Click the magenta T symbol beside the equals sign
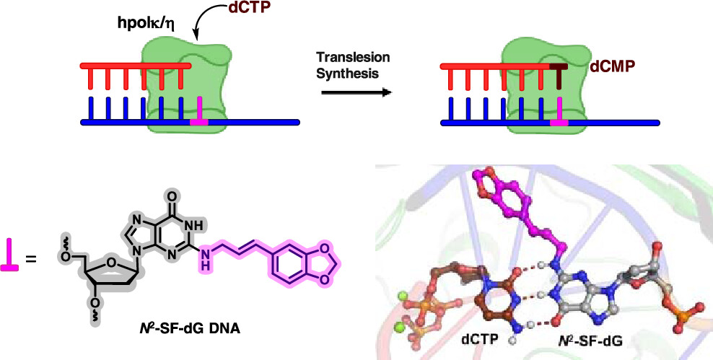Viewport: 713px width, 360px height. pos(11,255)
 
